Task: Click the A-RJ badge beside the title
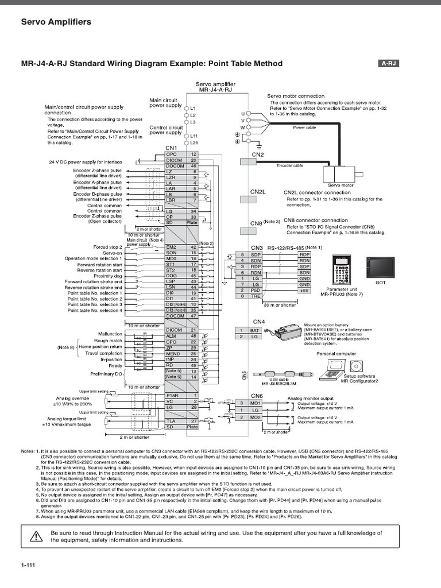(x=389, y=64)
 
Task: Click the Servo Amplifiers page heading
(x=56, y=22)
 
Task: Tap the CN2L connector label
(x=258, y=192)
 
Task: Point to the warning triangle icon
(x=36, y=536)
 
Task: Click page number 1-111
(x=28, y=566)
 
